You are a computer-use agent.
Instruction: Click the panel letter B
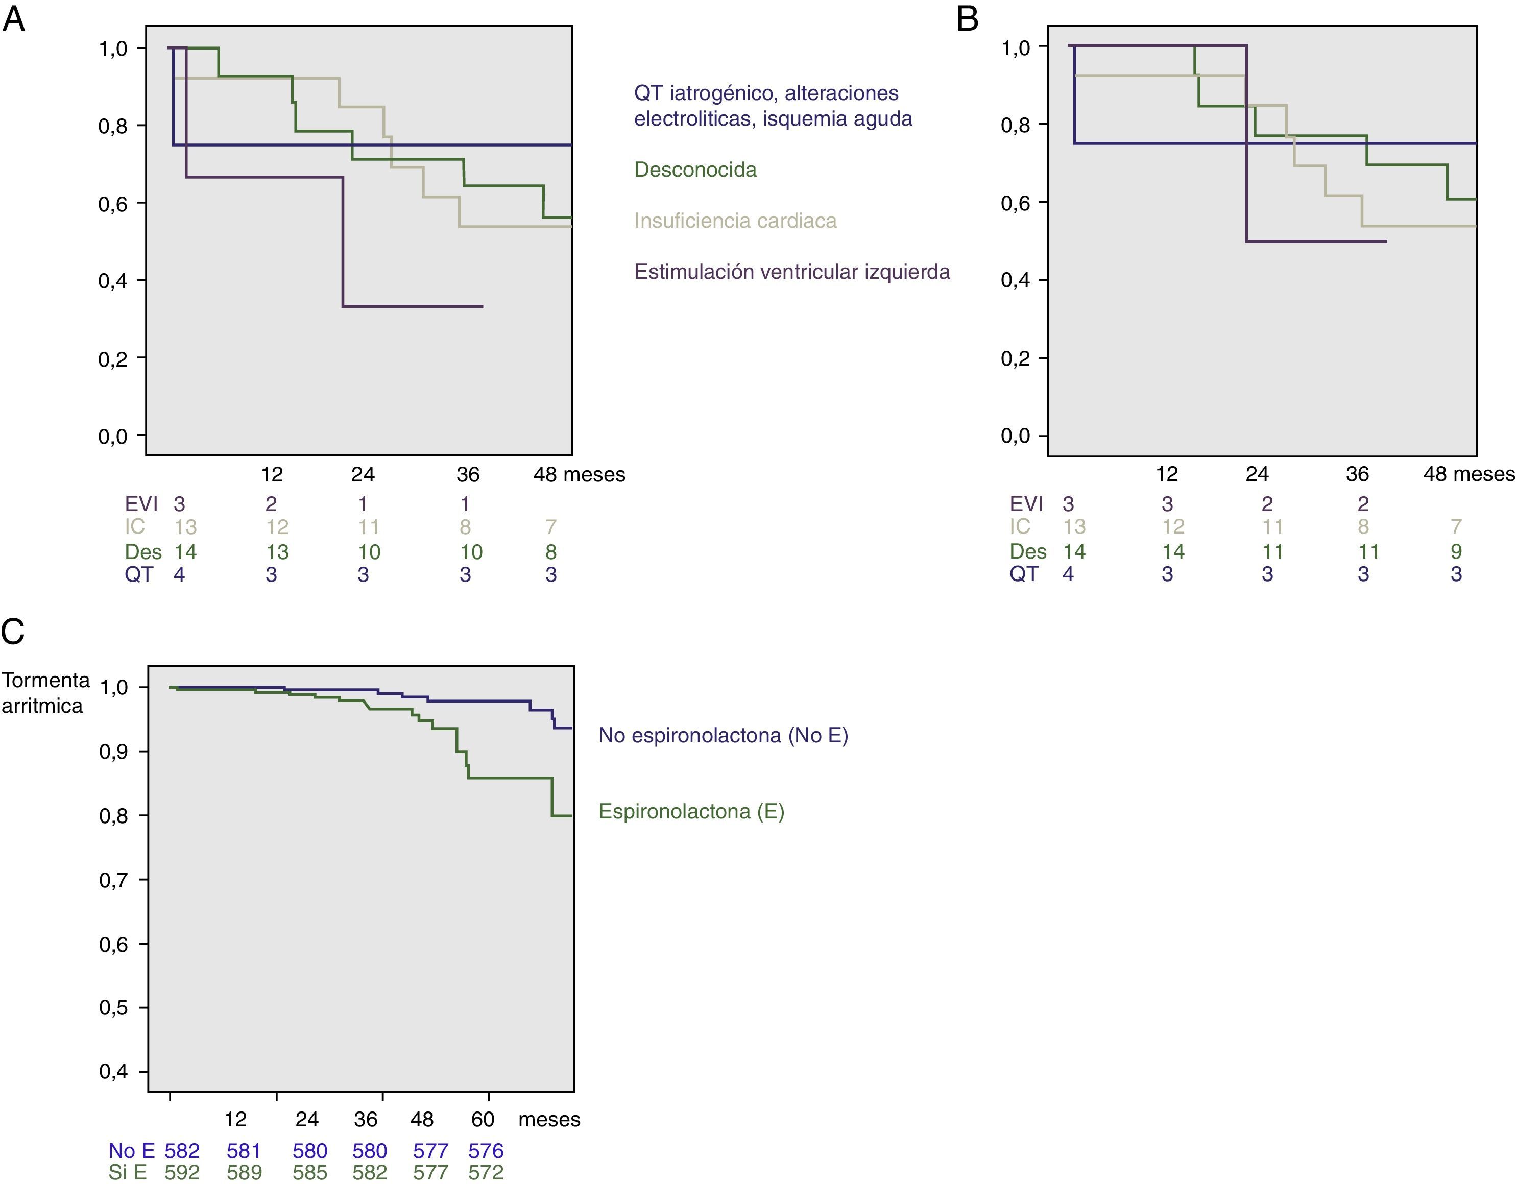tap(967, 19)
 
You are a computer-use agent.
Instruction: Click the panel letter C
tap(13, 632)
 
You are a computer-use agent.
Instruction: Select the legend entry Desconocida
tap(695, 170)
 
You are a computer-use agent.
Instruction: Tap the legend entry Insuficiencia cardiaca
tap(735, 221)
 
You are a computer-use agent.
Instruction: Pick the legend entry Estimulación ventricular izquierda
tap(791, 271)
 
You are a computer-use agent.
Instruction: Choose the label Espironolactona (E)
tap(691, 811)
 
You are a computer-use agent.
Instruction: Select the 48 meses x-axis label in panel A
tap(579, 475)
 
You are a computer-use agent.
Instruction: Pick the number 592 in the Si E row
tap(182, 1172)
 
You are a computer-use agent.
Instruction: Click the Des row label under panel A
tap(143, 552)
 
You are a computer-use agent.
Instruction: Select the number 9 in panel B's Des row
tap(1456, 551)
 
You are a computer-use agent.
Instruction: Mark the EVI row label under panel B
tap(1027, 504)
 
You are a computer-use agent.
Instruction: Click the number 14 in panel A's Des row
tap(185, 552)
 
